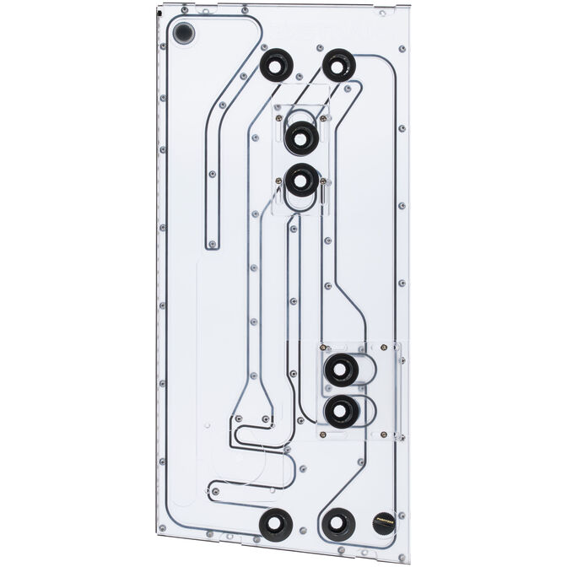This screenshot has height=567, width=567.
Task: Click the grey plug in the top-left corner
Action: (x=183, y=34)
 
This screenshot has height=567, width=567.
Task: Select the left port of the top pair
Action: (x=276, y=65)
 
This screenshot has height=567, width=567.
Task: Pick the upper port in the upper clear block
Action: (x=300, y=137)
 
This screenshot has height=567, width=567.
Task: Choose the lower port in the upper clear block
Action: (x=301, y=181)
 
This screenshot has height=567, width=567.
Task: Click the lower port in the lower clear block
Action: (x=342, y=412)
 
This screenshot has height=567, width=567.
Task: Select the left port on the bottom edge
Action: (x=275, y=525)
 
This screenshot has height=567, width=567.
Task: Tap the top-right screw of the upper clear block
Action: (x=324, y=120)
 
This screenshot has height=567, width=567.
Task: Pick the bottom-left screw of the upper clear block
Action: (x=279, y=180)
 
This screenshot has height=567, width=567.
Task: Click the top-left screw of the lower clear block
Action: (x=322, y=346)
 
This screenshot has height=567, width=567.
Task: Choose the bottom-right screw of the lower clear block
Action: (x=393, y=435)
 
